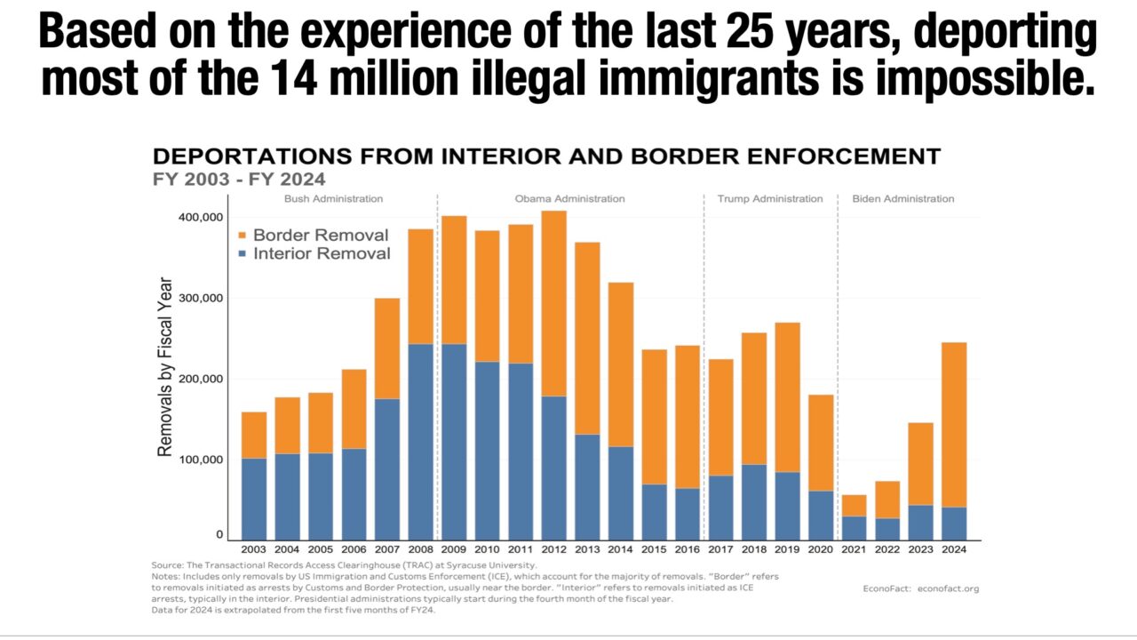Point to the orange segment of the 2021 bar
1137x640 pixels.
click(x=854, y=505)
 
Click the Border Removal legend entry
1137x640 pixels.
click(x=321, y=236)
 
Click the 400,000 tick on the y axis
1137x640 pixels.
click(x=201, y=218)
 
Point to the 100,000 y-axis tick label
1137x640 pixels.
click(x=201, y=460)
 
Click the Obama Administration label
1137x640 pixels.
click(x=569, y=199)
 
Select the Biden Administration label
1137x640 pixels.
click(x=902, y=199)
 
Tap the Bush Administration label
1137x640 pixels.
click(x=333, y=199)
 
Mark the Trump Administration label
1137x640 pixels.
click(x=770, y=199)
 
